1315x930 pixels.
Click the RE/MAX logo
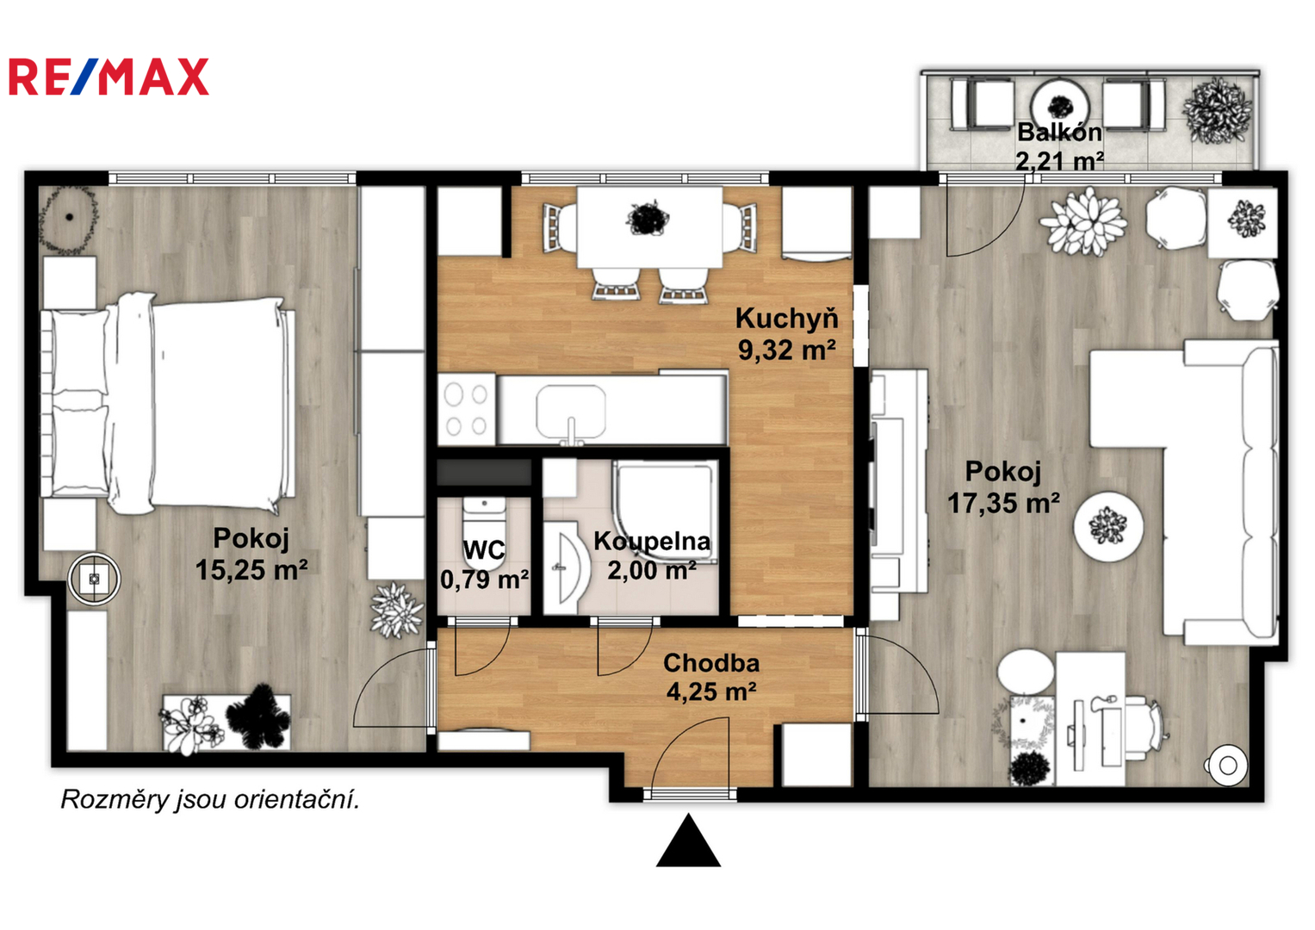pyautogui.click(x=109, y=77)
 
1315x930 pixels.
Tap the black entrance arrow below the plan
pyautogui.click(x=688, y=840)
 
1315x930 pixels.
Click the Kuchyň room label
pyautogui.click(x=786, y=319)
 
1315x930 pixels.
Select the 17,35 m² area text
pyautogui.click(x=1004, y=503)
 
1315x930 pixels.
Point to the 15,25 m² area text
pyautogui.click(x=251, y=569)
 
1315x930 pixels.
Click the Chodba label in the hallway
pyautogui.click(x=711, y=663)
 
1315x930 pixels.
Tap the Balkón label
pyautogui.click(x=1059, y=132)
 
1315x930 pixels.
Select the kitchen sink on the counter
pyautogui.click(x=571, y=412)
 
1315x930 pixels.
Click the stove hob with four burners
pyautogui.click(x=468, y=409)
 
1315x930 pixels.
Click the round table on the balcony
pyautogui.click(x=1060, y=106)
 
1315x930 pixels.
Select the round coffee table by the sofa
pyautogui.click(x=1108, y=527)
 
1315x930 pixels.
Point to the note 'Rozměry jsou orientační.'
pyautogui.click(x=210, y=800)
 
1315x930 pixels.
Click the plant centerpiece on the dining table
pyautogui.click(x=648, y=218)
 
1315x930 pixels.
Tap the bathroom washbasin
pyautogui.click(x=565, y=567)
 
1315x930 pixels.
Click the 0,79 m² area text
pyautogui.click(x=484, y=580)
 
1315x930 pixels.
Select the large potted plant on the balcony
pyautogui.click(x=1218, y=110)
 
